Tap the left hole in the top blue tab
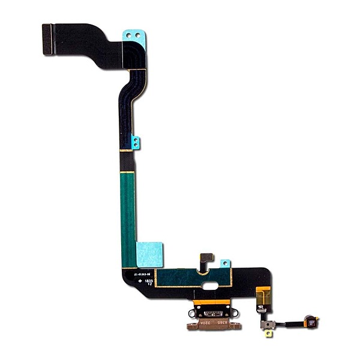(130, 35)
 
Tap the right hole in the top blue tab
(141, 35)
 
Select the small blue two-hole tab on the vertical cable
(136, 143)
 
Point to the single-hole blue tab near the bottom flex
(226, 263)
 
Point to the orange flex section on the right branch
(260, 295)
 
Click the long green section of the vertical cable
(128, 210)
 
